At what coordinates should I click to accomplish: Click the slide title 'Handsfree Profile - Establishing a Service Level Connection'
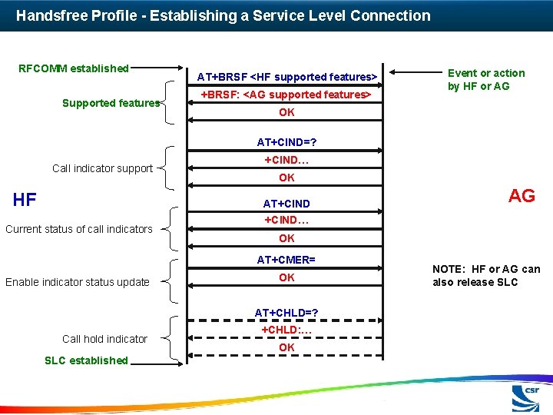pos(223,15)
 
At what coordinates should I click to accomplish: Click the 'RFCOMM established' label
pos(74,68)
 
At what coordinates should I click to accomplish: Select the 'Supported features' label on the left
pos(111,103)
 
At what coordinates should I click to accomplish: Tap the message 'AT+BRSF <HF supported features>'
pos(286,77)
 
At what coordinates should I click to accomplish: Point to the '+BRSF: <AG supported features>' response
pos(286,95)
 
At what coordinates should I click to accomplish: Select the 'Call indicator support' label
pos(102,168)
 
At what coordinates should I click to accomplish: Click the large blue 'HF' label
pos(25,201)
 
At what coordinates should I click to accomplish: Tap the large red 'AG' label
pos(522,196)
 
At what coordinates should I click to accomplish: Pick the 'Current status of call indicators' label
pos(78,229)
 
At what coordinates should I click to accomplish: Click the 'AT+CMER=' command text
pos(286,260)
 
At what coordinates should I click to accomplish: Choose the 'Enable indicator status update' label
pos(78,282)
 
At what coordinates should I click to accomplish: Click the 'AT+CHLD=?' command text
pos(286,313)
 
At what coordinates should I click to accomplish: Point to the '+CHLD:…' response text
pos(286,330)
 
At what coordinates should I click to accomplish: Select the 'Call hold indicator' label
pos(104,339)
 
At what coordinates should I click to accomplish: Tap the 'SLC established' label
pos(86,360)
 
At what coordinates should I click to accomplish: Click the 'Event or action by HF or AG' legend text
pos(486,79)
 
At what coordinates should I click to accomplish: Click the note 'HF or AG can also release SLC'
pos(486,275)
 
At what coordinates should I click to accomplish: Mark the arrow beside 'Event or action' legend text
pos(419,74)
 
